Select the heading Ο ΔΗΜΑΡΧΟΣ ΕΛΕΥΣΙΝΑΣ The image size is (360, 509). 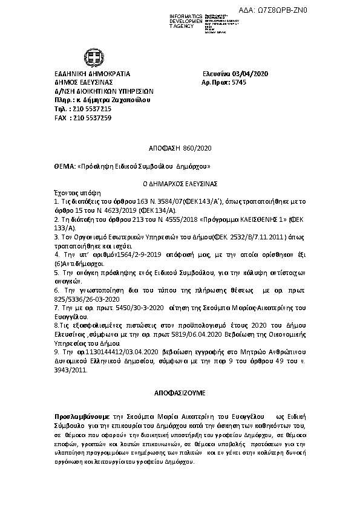(180, 182)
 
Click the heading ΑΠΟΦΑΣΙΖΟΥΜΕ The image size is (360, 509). (180, 392)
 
